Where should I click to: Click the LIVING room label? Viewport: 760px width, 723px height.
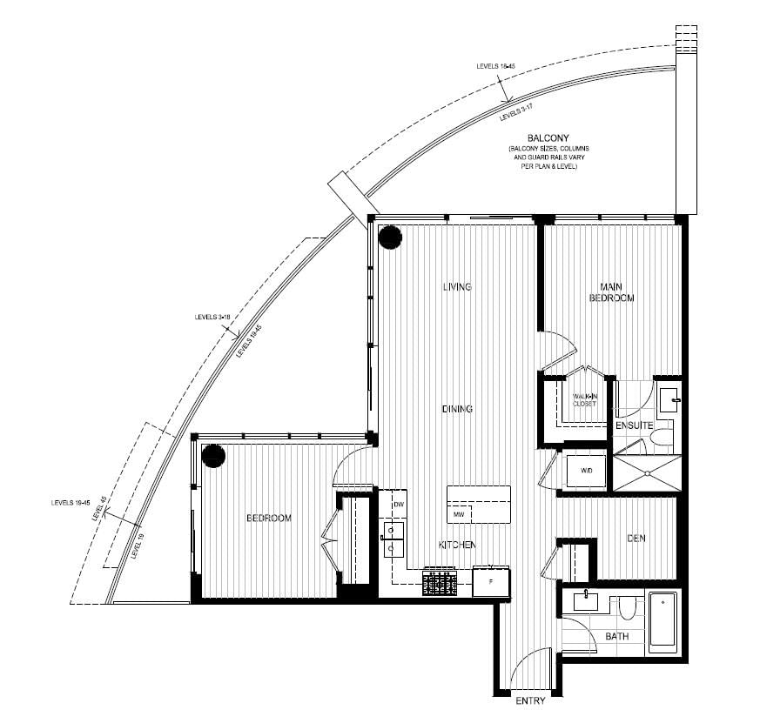coord(456,287)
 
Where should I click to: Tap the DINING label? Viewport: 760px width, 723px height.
coord(456,409)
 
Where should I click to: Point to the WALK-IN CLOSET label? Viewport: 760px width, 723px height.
coord(584,400)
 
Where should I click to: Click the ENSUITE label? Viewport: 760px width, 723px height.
coord(634,426)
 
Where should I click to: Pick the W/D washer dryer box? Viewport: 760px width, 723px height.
coord(586,471)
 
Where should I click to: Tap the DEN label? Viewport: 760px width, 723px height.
coord(636,539)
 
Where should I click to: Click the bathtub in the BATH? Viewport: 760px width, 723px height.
coord(662,619)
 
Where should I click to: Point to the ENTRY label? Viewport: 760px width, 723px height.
coord(530,701)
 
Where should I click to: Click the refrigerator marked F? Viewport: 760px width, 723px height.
coord(491,582)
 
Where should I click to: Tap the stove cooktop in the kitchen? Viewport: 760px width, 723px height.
coord(441,582)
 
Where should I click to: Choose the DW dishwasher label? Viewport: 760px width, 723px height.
coord(399,505)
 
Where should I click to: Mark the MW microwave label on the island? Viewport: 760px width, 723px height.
coord(457,515)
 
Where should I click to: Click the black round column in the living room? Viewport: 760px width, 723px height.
coord(390,236)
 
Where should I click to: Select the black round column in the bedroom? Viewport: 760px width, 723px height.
coord(213,455)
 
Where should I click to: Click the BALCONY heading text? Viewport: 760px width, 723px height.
coord(548,138)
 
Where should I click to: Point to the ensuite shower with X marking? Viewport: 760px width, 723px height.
coord(645,472)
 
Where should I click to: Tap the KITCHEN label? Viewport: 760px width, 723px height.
coord(456,545)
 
